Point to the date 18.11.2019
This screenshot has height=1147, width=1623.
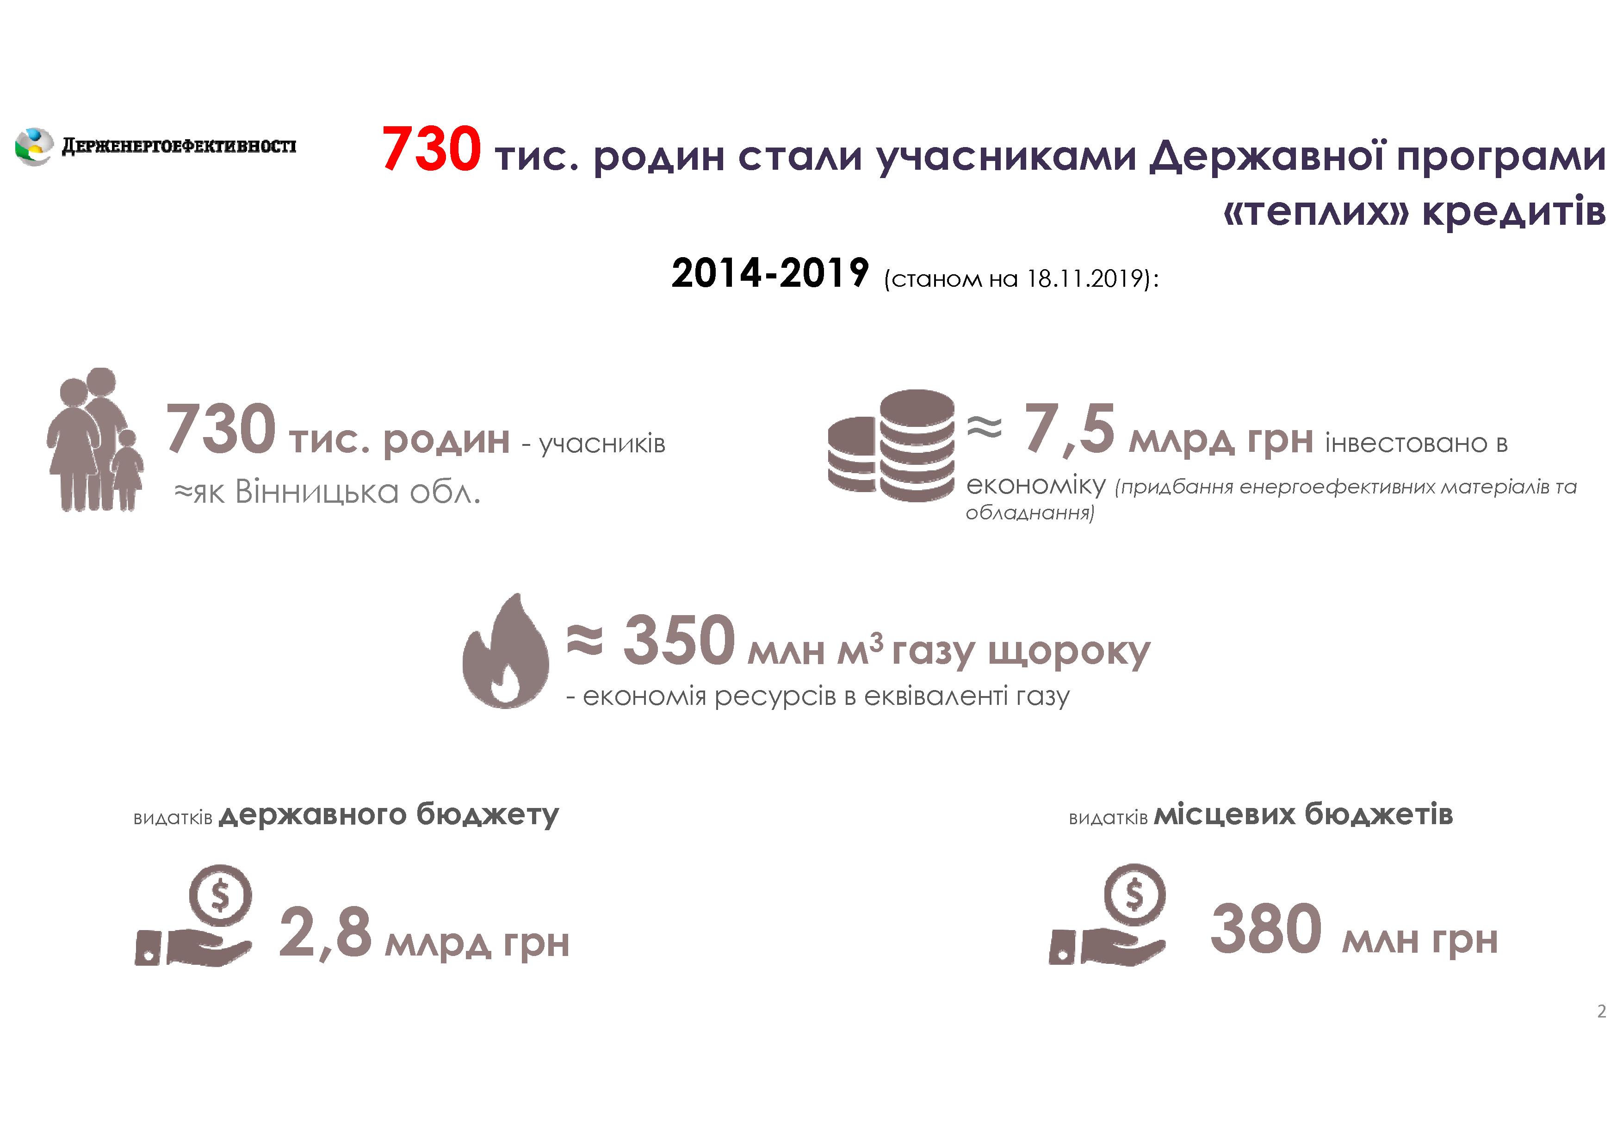(x=1085, y=278)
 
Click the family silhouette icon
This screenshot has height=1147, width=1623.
(x=95, y=439)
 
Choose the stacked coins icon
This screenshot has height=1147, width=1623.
(x=891, y=445)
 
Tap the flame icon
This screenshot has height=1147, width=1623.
(x=505, y=650)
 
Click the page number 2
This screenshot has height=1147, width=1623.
(x=1601, y=1011)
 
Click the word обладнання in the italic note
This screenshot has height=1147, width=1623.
(x=1030, y=512)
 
